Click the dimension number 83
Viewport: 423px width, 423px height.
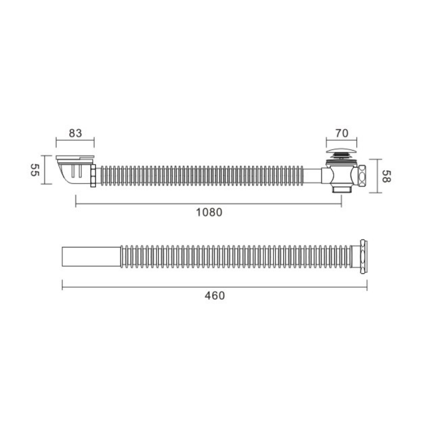pos(75,133)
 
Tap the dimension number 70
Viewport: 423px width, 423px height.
pos(342,133)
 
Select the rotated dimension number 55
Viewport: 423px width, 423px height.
pos(34,170)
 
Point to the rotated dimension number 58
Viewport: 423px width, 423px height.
pos(387,176)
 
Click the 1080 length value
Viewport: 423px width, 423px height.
pos(209,213)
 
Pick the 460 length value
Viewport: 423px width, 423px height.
pos(215,296)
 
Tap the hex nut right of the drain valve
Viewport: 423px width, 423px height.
pos(362,176)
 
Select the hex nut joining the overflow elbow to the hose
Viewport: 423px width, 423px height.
pos(93,176)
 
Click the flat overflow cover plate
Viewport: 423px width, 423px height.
pos(75,157)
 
